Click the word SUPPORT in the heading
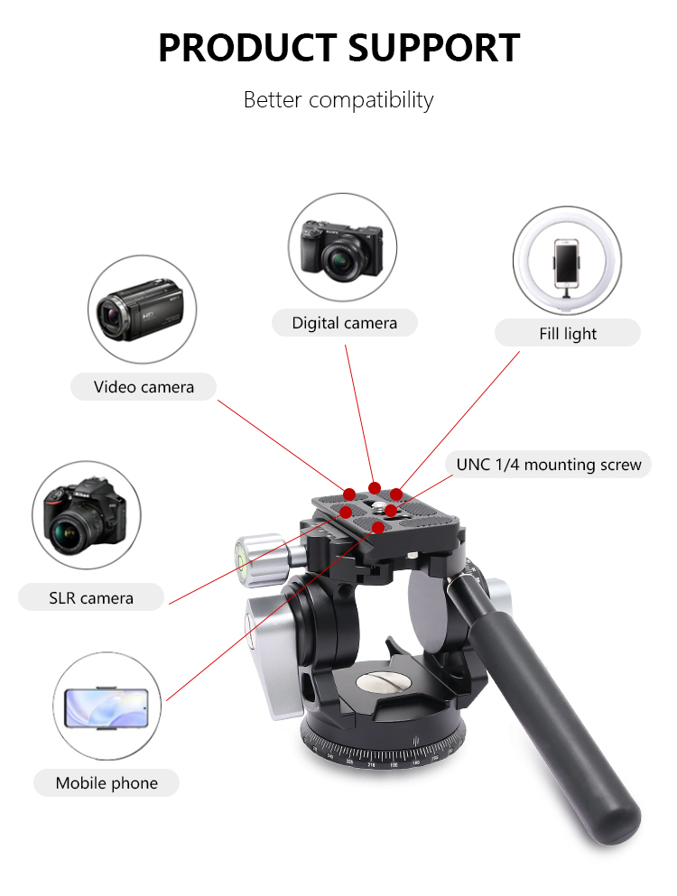(433, 48)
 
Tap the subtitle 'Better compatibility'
(338, 100)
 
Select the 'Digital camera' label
(344, 323)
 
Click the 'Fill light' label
(567, 333)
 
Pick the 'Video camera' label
(144, 387)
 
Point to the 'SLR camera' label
(91, 597)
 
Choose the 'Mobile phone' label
(107, 783)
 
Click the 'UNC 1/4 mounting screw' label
(549, 465)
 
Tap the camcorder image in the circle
(140, 309)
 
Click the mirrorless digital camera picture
(342, 250)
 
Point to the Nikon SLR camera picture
(84, 516)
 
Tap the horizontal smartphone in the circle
(107, 708)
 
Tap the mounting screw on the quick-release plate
(380, 505)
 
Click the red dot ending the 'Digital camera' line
(375, 488)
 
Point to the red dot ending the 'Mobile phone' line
(378, 528)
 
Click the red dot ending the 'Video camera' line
(349, 494)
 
